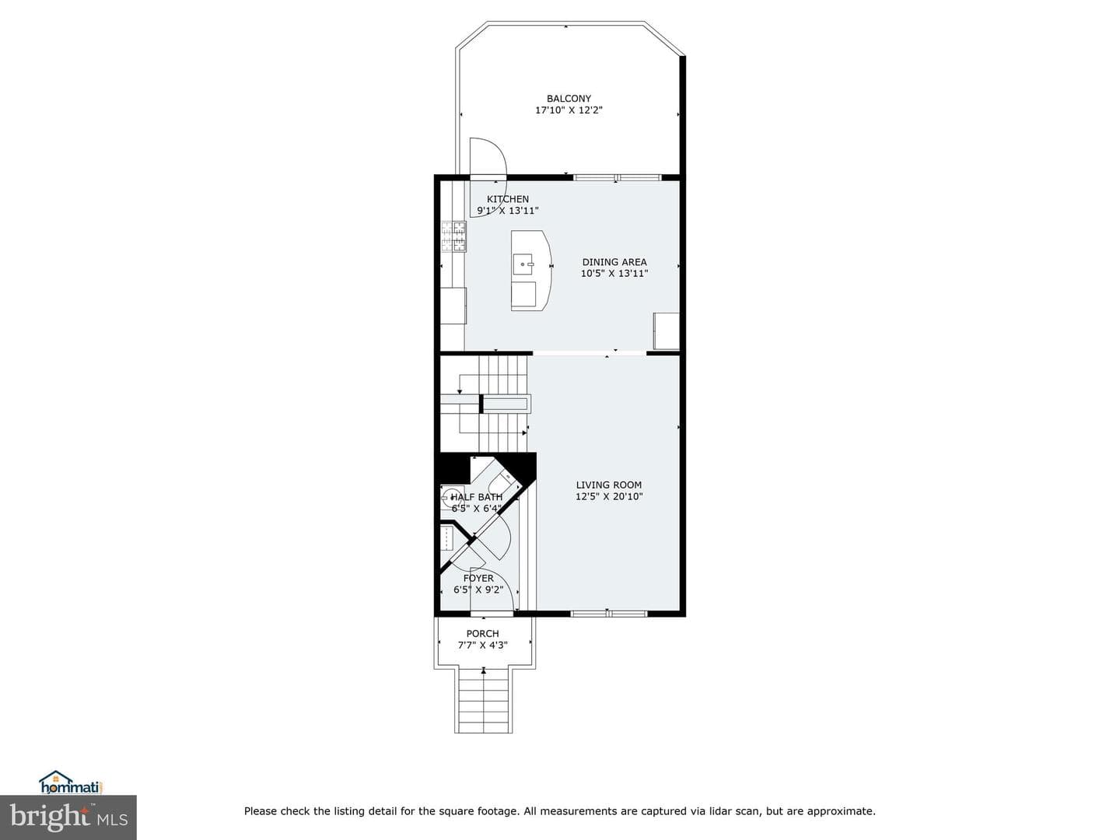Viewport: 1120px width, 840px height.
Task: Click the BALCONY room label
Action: coord(569,99)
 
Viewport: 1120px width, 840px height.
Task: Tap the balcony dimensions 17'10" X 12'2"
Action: coord(569,110)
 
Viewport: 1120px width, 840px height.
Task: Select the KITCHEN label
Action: coord(508,199)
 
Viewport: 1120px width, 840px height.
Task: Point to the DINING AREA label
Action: coord(614,261)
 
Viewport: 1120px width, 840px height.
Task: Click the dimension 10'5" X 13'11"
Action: coord(614,273)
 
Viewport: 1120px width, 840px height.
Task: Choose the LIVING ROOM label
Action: coord(609,485)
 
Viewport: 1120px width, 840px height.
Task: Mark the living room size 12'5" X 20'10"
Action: coord(609,496)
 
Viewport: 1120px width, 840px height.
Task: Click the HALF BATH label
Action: coord(477,497)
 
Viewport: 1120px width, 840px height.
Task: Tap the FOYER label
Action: coord(478,578)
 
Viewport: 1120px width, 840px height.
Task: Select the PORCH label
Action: coord(482,633)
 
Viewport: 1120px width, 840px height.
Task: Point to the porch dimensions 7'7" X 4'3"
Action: coord(482,646)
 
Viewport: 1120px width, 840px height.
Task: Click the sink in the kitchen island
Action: coord(523,264)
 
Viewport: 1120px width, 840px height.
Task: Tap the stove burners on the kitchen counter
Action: coord(453,236)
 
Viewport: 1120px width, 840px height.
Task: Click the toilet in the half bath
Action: coord(502,480)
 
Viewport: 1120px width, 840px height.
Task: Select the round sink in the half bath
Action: coord(450,495)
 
